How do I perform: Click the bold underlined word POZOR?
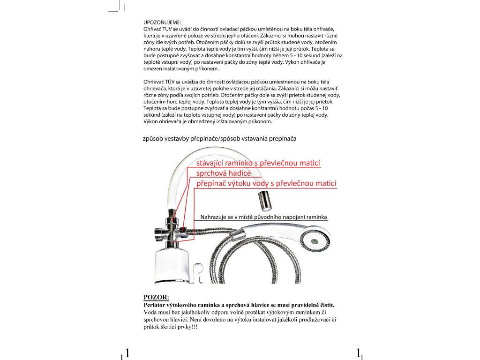click(x=156, y=297)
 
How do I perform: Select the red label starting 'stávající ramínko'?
click(x=258, y=163)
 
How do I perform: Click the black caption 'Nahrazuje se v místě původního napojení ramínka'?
click(x=263, y=217)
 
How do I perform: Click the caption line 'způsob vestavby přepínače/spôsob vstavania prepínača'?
click(x=219, y=139)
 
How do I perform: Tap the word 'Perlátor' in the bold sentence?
click(x=156, y=305)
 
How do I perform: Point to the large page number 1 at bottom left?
click(x=127, y=352)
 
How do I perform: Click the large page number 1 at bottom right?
click(x=358, y=352)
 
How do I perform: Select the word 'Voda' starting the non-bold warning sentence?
click(x=151, y=312)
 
